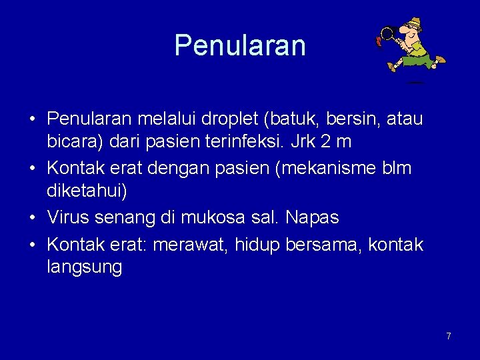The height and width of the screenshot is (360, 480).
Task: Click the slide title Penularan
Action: [x=240, y=45]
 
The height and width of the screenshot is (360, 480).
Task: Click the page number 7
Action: [x=449, y=336]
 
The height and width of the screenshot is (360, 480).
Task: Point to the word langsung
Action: [x=84, y=267]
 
